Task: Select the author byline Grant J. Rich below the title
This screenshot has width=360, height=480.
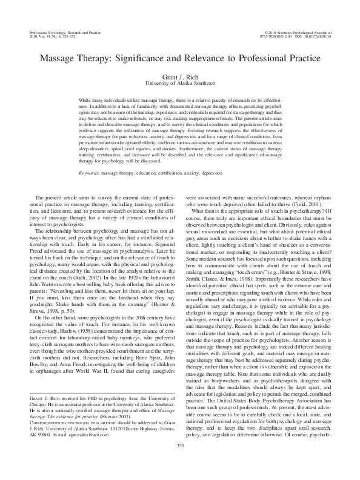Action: (x=180, y=78)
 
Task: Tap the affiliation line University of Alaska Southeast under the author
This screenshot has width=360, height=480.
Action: (x=180, y=85)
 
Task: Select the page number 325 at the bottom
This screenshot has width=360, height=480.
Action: (x=180, y=463)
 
